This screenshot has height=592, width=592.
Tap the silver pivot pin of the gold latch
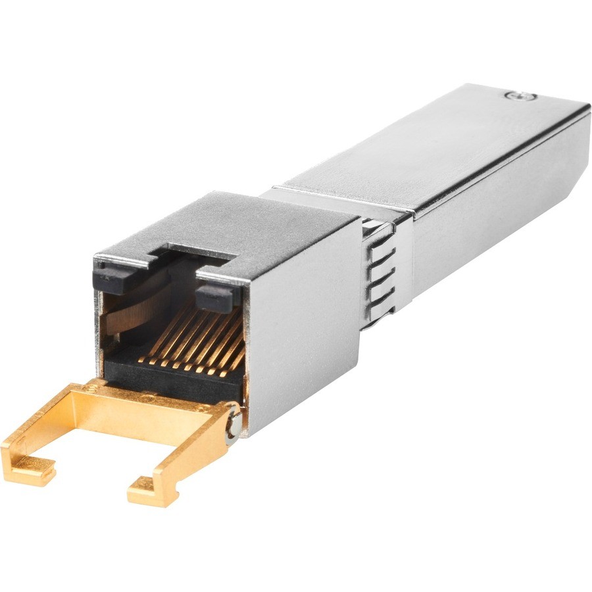231,428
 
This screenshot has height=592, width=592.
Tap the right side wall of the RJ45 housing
303,329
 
